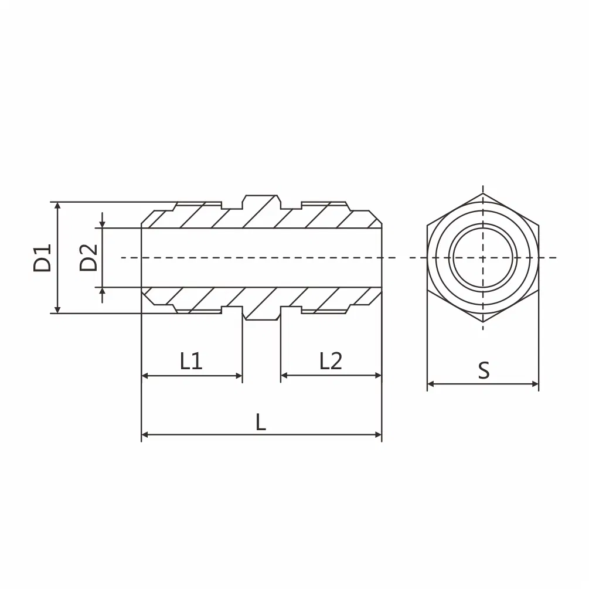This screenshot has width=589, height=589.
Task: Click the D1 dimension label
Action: tap(42, 258)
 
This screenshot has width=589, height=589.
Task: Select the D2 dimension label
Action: tap(88, 258)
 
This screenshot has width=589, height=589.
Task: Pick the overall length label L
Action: tap(261, 423)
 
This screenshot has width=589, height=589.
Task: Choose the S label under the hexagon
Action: tap(483, 370)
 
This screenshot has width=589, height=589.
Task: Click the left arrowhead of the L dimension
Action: tap(145, 435)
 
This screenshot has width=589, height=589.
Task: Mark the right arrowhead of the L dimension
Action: tap(378, 435)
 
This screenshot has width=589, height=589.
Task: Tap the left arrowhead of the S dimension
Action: tap(431, 384)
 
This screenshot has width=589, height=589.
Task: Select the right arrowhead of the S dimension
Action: tap(535, 384)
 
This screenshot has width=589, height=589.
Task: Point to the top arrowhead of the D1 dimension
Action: tap(57, 206)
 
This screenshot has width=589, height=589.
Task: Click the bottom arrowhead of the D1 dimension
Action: tap(57, 309)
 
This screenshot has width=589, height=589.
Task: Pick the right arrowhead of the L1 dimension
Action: tap(239, 375)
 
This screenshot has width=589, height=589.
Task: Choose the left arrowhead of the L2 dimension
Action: tap(284, 375)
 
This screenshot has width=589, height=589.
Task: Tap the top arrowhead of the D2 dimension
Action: tap(103, 224)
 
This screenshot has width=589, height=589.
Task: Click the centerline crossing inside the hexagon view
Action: tap(483, 257)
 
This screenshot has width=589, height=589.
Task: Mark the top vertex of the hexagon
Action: tap(483, 193)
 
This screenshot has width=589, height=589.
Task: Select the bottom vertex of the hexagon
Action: tap(483, 322)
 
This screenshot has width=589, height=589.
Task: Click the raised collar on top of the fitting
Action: tap(262, 200)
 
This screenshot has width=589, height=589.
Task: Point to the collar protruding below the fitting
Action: tap(262, 315)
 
